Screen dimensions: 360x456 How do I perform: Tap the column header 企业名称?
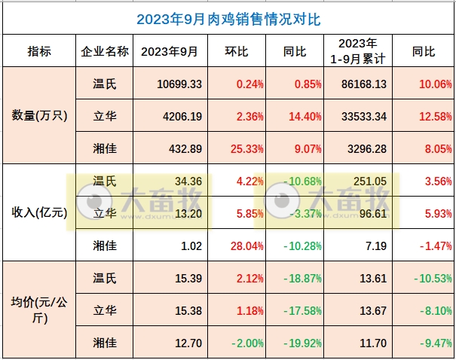coord(105,52)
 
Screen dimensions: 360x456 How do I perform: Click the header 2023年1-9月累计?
coord(358,51)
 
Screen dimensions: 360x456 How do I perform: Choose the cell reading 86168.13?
coord(359,84)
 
